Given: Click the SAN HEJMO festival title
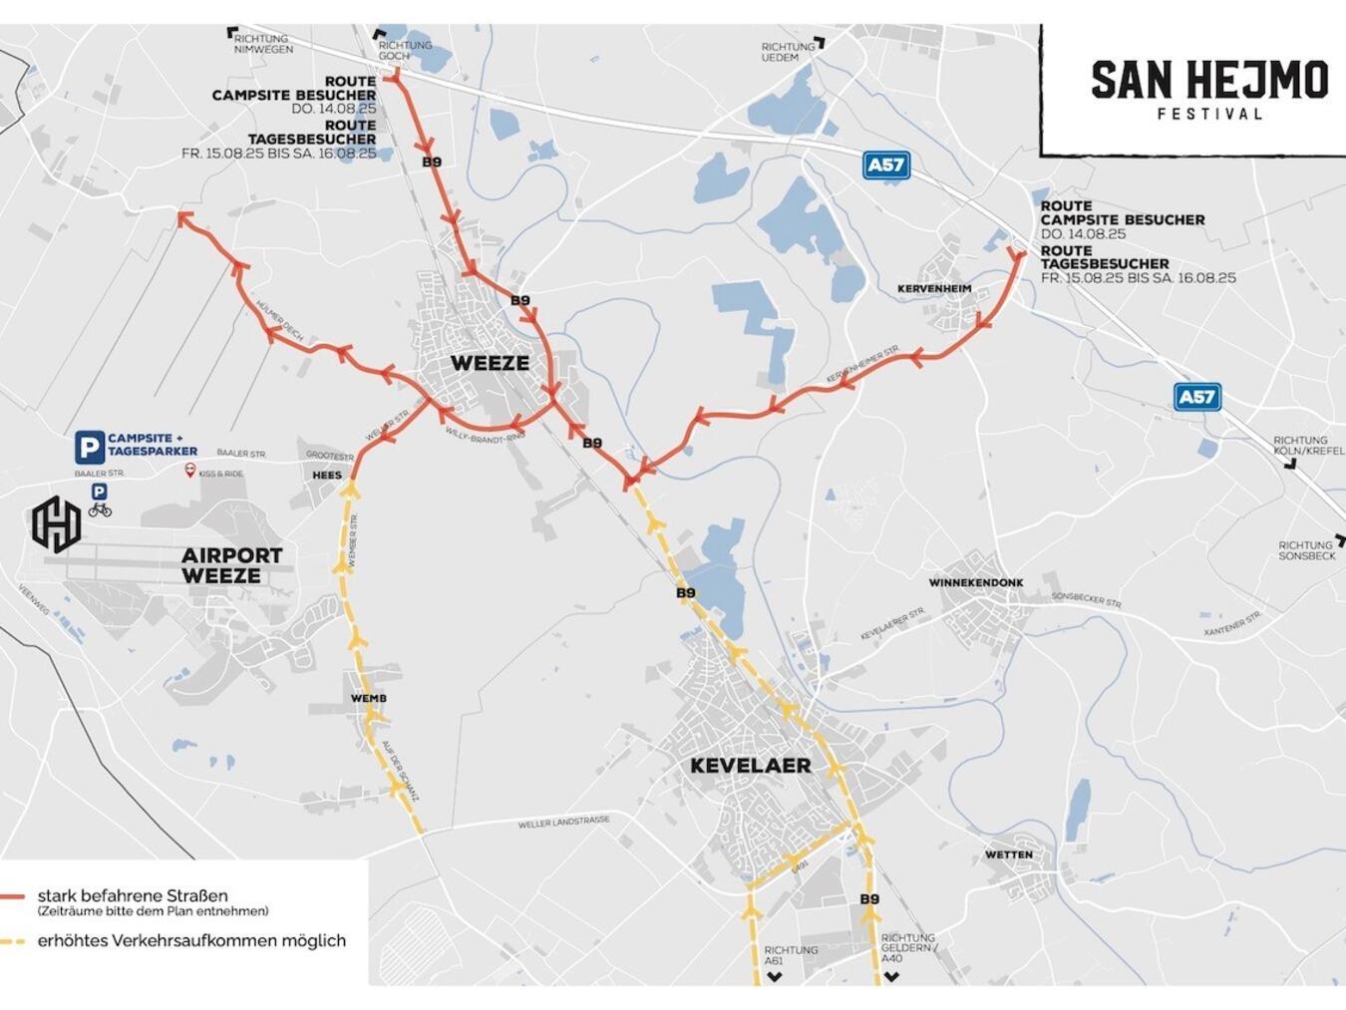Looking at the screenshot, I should (1209, 81).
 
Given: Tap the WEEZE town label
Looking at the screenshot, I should (490, 363).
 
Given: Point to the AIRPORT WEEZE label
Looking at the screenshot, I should (231, 565).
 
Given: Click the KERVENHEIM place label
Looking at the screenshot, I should (934, 289).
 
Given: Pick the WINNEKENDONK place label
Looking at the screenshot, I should (975, 582).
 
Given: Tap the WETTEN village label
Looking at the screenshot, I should (1008, 854).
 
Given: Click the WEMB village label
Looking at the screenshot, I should (368, 699).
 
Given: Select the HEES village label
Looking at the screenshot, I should (326, 476).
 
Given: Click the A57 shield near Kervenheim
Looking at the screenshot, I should (885, 165).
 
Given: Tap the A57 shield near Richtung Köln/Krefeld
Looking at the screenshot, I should (1196, 397).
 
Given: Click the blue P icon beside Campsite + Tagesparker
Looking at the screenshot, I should (89, 446).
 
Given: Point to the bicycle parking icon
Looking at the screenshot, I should (100, 509).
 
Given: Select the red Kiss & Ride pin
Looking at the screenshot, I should (190, 471).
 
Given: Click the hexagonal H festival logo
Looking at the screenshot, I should (56, 524).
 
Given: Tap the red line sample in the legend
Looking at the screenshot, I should (13, 897).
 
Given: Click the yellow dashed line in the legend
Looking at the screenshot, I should (13, 940).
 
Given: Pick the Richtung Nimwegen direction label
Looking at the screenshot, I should (263, 44).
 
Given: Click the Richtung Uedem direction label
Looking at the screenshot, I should (788, 52).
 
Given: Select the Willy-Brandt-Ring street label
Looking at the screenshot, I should (485, 435).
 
